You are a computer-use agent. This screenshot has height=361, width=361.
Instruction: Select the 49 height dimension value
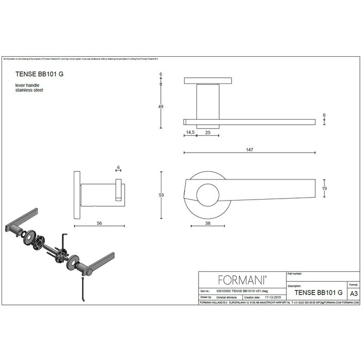tap(160, 107)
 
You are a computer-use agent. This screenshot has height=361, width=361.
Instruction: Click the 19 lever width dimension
tap(324, 189)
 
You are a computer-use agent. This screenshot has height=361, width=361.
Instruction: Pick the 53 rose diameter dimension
tap(161, 195)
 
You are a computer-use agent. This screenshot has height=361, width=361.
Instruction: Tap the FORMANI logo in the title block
tap(242, 280)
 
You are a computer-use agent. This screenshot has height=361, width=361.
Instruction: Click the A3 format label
tap(353, 292)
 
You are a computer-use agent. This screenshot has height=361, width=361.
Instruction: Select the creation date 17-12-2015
tap(272, 298)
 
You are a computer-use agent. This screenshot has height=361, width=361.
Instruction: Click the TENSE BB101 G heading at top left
tap(40, 74)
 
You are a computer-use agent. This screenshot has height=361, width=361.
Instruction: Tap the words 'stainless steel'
tap(29, 90)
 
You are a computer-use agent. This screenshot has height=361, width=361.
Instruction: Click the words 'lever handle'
tap(27, 85)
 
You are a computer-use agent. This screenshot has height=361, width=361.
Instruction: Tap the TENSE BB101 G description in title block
tap(318, 292)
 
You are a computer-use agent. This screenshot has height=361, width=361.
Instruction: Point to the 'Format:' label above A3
tap(353, 284)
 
